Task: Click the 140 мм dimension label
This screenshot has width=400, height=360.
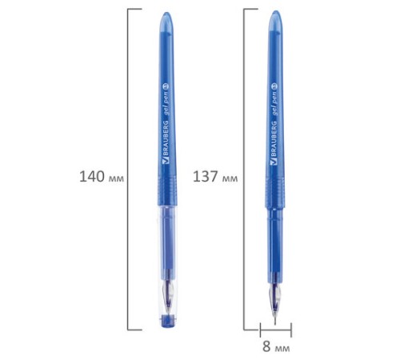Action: pyautogui.click(x=102, y=177)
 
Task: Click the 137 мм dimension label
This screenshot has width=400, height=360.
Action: pyautogui.click(x=215, y=177)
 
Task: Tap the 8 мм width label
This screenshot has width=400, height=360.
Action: pyautogui.click(x=276, y=346)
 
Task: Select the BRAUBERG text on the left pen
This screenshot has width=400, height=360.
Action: pyautogui.click(x=166, y=138)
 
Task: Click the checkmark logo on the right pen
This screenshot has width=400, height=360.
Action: pyautogui.click(x=274, y=162)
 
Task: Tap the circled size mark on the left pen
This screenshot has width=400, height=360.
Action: pyautogui.click(x=165, y=86)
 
